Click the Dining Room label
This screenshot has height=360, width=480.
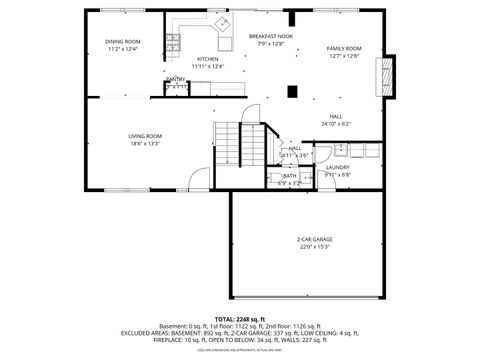122,41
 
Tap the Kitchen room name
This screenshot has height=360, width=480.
207,59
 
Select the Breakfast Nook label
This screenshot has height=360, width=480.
271,36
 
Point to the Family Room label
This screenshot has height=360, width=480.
343,48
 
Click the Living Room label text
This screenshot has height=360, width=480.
145,135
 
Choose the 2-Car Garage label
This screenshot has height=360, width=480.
314,239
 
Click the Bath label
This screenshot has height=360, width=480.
289,175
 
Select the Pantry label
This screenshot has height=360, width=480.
175,79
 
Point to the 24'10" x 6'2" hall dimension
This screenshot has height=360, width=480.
336,124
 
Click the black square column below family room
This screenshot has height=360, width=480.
291,91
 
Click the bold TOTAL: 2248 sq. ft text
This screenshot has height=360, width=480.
239,318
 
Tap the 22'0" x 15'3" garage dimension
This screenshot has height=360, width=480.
314,247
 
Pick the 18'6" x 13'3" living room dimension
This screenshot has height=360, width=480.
145,143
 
